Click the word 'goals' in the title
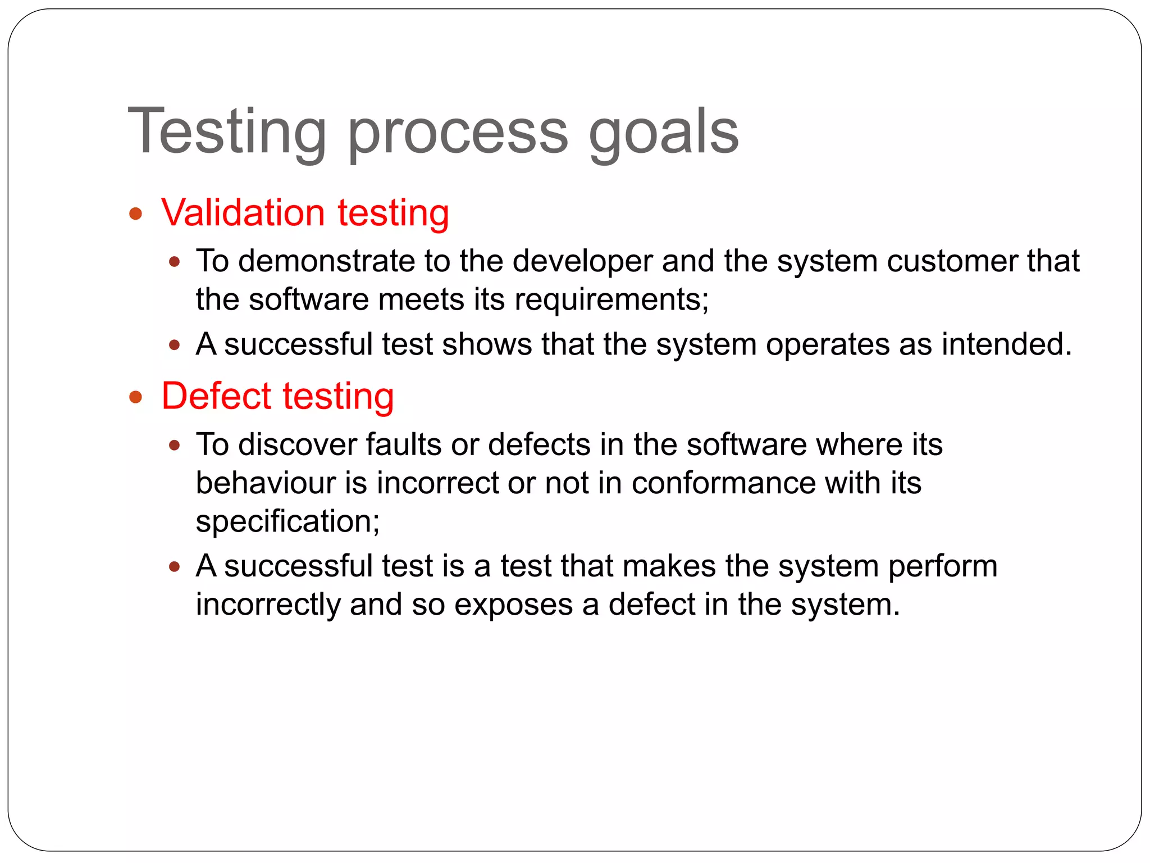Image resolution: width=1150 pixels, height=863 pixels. pyautogui.click(x=664, y=133)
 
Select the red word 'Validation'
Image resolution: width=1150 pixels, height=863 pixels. pyautogui.click(x=243, y=213)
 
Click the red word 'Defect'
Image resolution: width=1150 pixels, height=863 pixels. pyautogui.click(x=217, y=396)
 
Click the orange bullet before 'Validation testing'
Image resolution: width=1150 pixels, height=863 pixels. pyautogui.click(x=135, y=214)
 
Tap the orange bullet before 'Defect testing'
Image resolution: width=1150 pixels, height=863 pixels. pyautogui.click(x=135, y=398)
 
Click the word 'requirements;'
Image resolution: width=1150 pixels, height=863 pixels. pyautogui.click(x=611, y=299)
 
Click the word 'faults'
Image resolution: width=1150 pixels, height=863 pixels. pyautogui.click(x=404, y=444)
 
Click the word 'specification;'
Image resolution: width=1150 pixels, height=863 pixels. pyautogui.click(x=287, y=521)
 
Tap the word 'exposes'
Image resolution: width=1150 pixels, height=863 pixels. pyautogui.click(x=513, y=605)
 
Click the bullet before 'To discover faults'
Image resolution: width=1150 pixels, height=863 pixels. pyautogui.click(x=175, y=446)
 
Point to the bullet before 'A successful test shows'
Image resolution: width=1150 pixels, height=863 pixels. pyautogui.click(x=175, y=345)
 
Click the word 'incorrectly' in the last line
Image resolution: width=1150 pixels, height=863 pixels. pyautogui.click(x=268, y=605)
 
